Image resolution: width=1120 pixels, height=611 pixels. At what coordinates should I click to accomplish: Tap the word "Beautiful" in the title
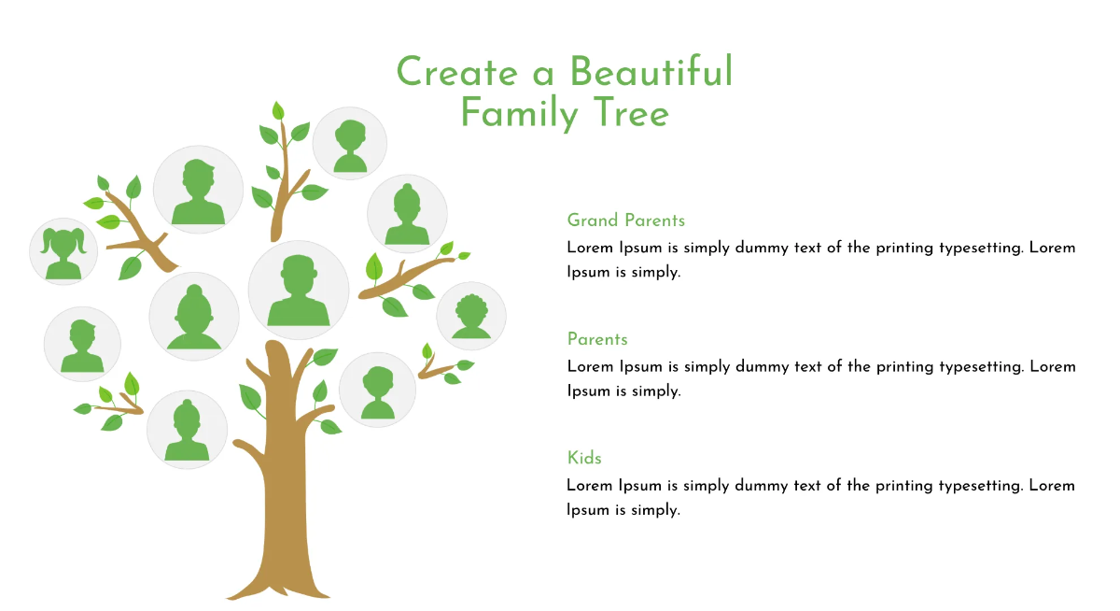[x=651, y=72]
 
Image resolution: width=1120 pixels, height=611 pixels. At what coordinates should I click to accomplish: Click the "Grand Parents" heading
[x=625, y=220]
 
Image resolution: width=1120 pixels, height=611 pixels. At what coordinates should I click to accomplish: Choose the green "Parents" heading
[x=597, y=339]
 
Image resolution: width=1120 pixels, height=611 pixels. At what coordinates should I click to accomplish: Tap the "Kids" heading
[x=584, y=458]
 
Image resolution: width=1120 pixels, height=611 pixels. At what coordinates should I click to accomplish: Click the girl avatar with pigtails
[x=64, y=250]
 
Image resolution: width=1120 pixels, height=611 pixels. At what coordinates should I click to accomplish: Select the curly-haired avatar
[x=471, y=316]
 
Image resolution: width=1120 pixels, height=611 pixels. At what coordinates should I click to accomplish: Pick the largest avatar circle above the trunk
[x=298, y=290]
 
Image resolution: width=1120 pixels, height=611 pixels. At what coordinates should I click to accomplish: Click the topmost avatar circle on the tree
[x=350, y=143]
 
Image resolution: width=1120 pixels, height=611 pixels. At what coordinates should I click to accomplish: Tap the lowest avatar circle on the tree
[x=187, y=429]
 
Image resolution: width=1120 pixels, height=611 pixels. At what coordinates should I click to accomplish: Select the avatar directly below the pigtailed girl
[x=82, y=344]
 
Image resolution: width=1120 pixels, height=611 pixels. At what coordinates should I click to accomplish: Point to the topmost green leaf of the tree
[x=277, y=110]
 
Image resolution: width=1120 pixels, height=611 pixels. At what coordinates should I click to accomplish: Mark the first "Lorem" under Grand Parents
[x=589, y=249]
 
